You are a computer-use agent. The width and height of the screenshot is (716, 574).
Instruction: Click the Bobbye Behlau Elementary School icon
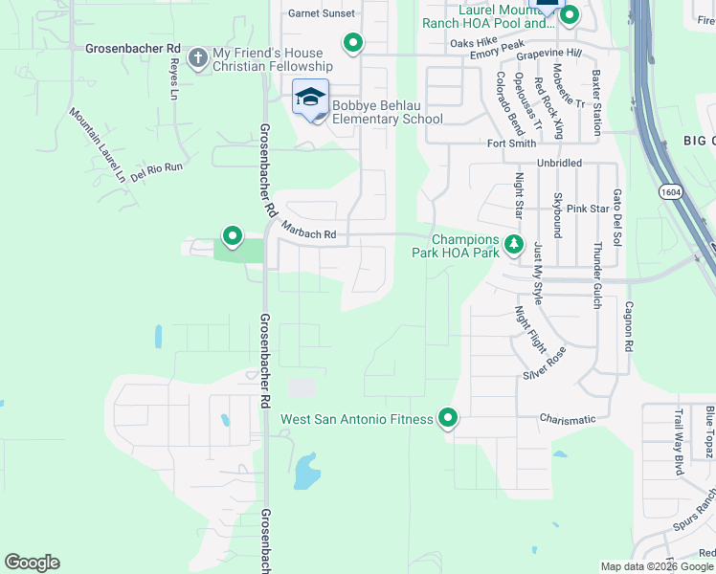310,98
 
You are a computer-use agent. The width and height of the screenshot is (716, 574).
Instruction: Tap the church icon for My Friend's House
198,59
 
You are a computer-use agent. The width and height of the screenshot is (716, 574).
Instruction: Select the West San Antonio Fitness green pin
447,418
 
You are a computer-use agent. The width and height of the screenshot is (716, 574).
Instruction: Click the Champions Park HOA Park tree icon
514,244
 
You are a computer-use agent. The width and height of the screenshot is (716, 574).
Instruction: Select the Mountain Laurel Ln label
98,144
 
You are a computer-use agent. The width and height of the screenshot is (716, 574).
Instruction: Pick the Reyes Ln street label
174,80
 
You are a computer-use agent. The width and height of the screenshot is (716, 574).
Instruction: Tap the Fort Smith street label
511,143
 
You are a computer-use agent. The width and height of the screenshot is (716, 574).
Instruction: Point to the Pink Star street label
588,209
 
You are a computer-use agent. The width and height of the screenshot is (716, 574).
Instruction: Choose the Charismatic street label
568,419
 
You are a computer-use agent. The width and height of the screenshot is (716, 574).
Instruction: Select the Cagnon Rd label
629,325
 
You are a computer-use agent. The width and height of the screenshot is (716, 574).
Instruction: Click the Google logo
32,563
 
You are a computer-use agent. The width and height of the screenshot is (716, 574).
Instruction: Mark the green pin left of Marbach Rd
232,235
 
